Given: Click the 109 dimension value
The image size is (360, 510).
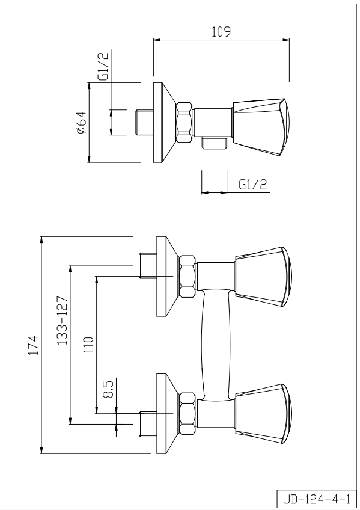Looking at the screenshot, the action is [x=221, y=32].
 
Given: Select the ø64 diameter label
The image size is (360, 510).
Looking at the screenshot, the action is [x=81, y=123].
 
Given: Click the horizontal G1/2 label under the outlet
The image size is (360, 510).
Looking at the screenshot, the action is [x=253, y=185].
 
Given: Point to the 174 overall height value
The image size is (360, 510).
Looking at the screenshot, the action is [x=34, y=345].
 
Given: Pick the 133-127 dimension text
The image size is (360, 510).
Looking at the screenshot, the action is [x=62, y=321].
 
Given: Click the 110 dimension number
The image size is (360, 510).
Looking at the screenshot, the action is [x=88, y=345].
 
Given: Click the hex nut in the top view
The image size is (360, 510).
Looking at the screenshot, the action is [x=185, y=123].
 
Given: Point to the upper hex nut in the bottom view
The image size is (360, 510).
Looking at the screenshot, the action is [x=188, y=277].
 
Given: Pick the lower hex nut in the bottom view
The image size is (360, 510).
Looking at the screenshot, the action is [x=188, y=413].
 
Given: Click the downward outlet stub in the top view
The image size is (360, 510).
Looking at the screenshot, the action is [x=214, y=143].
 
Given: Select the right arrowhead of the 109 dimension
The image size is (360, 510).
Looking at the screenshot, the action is [x=286, y=40].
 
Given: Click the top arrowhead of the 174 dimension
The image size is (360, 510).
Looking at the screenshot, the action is [x=41, y=240].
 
